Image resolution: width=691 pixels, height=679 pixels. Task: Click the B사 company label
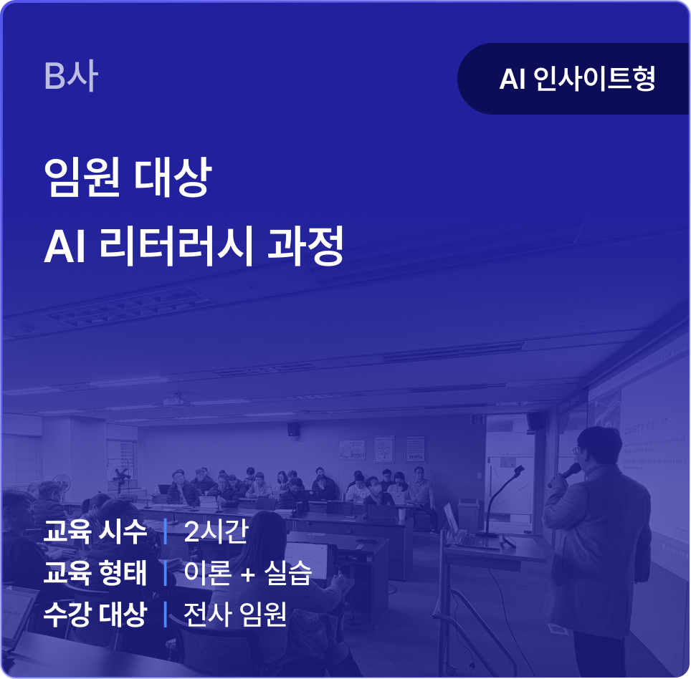click(x=70, y=76)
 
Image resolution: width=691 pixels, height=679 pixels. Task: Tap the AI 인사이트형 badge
click(x=573, y=79)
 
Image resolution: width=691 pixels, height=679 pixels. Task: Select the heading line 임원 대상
click(x=128, y=177)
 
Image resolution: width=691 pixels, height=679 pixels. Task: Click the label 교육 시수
click(x=95, y=532)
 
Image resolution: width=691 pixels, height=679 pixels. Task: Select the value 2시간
click(x=216, y=532)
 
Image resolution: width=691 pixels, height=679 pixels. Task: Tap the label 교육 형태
click(x=95, y=573)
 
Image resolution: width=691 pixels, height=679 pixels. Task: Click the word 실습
click(x=287, y=573)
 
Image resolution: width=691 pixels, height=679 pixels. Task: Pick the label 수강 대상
click(x=95, y=614)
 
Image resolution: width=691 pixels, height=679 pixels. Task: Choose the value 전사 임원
click(x=235, y=614)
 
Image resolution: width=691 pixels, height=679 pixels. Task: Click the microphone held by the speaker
click(x=566, y=474)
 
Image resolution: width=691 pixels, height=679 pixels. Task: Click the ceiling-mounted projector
click(x=176, y=401)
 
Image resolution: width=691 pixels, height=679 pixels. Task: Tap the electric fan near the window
click(x=121, y=476)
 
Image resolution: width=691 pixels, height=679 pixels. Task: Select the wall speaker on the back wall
click(x=294, y=428)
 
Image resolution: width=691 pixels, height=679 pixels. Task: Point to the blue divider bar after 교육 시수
click(x=166, y=532)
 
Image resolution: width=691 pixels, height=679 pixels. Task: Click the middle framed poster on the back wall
click(x=383, y=449)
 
